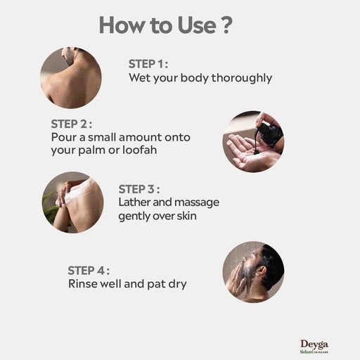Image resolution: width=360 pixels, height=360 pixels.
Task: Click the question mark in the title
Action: click(x=226, y=25)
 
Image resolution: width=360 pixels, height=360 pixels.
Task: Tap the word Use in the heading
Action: click(x=197, y=25)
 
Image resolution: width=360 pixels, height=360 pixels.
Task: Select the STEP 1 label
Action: click(x=148, y=64)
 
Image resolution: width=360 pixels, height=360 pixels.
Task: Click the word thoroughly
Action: click(x=242, y=78)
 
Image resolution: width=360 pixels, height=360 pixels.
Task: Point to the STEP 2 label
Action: click(x=71, y=124)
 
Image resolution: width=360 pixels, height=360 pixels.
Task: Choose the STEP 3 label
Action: click(x=139, y=189)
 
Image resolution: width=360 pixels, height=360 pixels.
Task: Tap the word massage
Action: click(x=197, y=203)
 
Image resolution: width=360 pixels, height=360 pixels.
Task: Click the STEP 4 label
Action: click(x=89, y=271)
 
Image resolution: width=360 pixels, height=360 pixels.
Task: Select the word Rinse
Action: click(x=83, y=284)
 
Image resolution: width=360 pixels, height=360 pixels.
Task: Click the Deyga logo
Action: click(x=314, y=347)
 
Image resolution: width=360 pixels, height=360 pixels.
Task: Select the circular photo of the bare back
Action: click(x=71, y=77)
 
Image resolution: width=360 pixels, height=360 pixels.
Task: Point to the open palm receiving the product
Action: click(x=248, y=153)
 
